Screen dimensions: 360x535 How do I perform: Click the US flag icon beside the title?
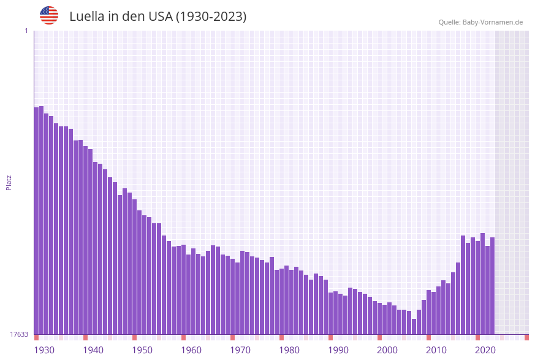click(x=49, y=15)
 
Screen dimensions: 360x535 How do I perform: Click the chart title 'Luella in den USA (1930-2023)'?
click(x=157, y=17)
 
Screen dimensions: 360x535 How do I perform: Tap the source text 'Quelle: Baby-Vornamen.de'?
click(x=480, y=22)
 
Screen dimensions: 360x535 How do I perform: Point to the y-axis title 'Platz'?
click(x=9, y=182)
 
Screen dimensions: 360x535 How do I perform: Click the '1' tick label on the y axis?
click(x=26, y=31)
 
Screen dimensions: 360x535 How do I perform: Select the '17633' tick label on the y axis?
click(x=19, y=334)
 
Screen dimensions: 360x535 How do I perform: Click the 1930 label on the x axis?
click(x=44, y=350)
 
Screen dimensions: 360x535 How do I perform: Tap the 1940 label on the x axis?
click(x=93, y=350)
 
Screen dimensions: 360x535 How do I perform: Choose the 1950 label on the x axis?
click(x=142, y=350)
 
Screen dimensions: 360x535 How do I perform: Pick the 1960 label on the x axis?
click(x=191, y=350)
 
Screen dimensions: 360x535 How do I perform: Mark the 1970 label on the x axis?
click(x=240, y=350)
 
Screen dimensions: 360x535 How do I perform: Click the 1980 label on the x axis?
click(x=289, y=350)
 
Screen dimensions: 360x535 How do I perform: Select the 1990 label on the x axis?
click(x=338, y=350)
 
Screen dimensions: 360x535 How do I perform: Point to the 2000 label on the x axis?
click(x=387, y=350)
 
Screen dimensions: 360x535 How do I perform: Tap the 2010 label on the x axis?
click(x=436, y=350)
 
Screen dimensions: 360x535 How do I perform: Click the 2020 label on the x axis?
click(x=485, y=350)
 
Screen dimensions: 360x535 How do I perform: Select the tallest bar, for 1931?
click(x=42, y=220)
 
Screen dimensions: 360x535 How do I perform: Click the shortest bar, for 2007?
click(x=414, y=326)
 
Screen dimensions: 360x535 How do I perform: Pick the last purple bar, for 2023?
click(x=492, y=286)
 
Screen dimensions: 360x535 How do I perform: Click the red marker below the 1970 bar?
click(x=233, y=337)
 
